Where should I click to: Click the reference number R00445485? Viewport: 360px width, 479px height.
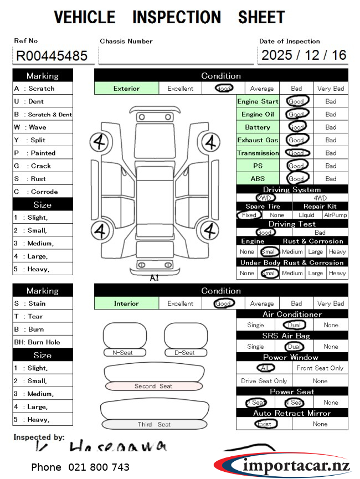point(52,56)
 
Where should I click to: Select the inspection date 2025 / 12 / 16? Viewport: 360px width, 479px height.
point(303,55)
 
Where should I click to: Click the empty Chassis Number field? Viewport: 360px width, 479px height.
point(176,56)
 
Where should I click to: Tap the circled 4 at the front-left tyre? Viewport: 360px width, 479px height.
point(100,142)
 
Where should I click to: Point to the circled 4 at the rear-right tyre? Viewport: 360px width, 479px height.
point(209,230)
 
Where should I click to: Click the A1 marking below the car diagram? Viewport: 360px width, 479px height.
point(154,278)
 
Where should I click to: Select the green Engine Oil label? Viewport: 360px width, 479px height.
point(258,115)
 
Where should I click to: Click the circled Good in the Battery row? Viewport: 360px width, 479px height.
point(297,127)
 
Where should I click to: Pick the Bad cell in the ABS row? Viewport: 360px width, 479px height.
point(331,179)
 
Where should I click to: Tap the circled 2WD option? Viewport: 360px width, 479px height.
point(265,198)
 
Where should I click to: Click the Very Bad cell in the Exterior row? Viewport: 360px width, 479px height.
point(331,89)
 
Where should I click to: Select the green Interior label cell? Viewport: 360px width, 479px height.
point(126,303)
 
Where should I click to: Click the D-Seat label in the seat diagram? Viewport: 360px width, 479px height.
point(185,353)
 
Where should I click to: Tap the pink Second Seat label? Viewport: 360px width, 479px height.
point(153,386)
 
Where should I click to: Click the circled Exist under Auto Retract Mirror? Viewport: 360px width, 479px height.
point(265,424)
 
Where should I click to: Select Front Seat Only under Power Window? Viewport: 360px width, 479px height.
point(320,368)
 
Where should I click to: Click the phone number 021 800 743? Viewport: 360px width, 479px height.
point(80,467)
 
